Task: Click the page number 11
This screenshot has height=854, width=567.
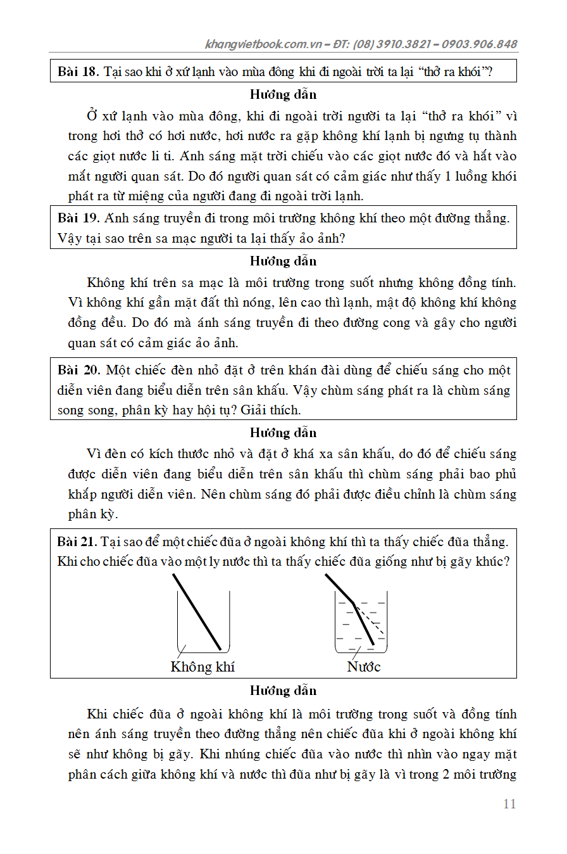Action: click(x=509, y=804)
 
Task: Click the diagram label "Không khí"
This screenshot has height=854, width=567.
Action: click(x=202, y=666)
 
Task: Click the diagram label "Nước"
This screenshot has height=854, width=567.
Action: click(x=364, y=666)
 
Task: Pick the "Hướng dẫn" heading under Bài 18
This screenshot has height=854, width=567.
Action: click(x=283, y=94)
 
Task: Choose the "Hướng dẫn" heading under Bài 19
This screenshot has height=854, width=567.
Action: click(x=283, y=261)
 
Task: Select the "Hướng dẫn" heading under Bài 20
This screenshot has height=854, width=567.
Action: click(x=283, y=433)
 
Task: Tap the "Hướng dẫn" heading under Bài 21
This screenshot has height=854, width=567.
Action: click(x=283, y=691)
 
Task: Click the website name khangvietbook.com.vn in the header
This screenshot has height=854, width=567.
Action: click(x=264, y=44)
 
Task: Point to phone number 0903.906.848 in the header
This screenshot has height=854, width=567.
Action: click(x=480, y=44)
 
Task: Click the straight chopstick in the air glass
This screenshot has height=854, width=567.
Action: click(x=197, y=612)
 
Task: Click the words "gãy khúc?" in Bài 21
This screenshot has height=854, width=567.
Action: click(x=482, y=561)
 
